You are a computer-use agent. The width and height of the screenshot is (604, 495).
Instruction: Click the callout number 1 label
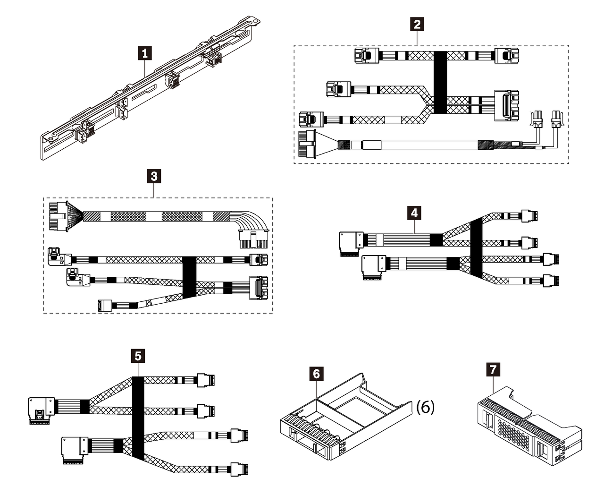[145, 53]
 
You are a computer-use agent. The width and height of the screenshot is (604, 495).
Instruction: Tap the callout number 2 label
[417, 24]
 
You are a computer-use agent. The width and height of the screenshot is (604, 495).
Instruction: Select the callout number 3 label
[154, 177]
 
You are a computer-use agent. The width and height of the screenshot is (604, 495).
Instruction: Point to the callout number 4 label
[414, 213]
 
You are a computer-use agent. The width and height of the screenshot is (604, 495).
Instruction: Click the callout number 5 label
[137, 355]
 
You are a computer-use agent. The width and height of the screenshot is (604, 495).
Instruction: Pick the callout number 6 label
[317, 374]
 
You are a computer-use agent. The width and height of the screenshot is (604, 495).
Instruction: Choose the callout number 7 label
[494, 369]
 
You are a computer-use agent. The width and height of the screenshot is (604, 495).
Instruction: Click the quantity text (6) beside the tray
[425, 407]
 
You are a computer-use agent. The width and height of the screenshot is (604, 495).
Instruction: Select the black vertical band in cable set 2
[440, 83]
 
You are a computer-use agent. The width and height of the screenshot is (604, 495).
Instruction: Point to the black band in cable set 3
[189, 277]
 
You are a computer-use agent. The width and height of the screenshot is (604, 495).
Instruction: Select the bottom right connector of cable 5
[240, 469]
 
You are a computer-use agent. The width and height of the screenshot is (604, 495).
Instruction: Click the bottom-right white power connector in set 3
[252, 239]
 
